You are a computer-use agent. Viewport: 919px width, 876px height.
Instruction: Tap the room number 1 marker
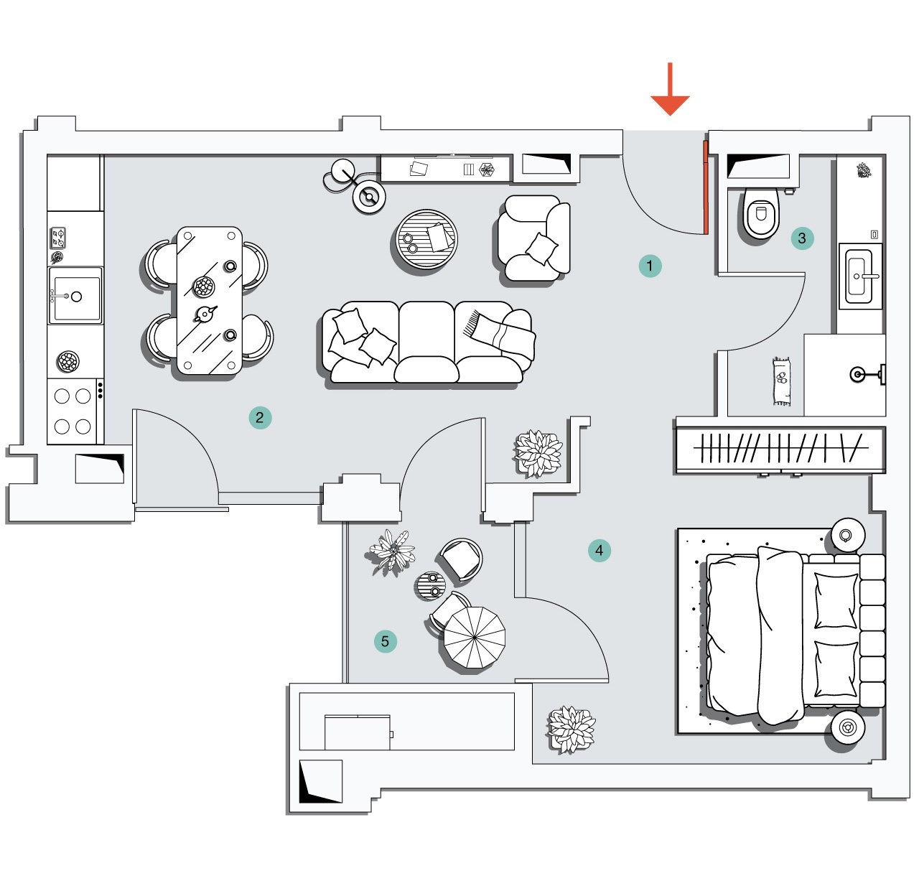[x=650, y=266]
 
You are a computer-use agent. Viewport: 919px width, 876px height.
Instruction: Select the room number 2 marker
[x=260, y=417]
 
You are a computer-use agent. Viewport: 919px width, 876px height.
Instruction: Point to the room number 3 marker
[x=802, y=238]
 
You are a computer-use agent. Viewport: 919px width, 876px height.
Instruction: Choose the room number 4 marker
[x=600, y=551]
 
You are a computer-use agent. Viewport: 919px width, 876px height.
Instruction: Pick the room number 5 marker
[x=385, y=641]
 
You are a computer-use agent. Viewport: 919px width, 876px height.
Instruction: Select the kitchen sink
[x=75, y=296]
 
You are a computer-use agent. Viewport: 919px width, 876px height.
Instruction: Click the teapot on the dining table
[x=205, y=314]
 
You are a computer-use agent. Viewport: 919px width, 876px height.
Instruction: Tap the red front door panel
[x=706, y=188]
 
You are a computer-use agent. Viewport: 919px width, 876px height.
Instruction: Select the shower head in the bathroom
[x=859, y=374]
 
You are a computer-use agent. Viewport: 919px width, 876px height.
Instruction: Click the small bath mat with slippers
[x=782, y=381]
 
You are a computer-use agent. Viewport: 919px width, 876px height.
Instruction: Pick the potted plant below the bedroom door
[x=571, y=730]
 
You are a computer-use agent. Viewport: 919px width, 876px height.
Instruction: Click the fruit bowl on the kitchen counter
[x=67, y=361]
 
